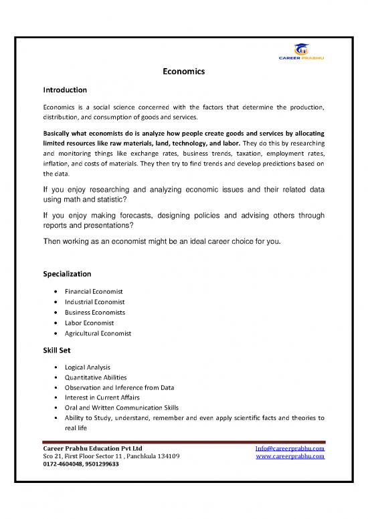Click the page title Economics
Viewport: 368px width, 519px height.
pyautogui.click(x=183, y=71)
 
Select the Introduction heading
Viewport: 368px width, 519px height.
pyautogui.click(x=65, y=89)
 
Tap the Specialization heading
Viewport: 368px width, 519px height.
pyautogui.click(x=67, y=274)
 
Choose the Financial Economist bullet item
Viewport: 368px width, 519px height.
pyautogui.click(x=93, y=291)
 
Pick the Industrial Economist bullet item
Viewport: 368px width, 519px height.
pyautogui.click(x=93, y=302)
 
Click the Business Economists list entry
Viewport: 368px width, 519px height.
pyautogui.click(x=95, y=312)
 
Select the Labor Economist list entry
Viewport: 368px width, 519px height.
pyautogui.click(x=89, y=323)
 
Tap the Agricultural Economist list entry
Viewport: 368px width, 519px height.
pyautogui.click(x=98, y=333)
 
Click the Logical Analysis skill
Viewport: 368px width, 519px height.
pyautogui.click(x=88, y=367)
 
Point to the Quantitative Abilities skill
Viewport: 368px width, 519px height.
pyautogui.click(x=96, y=377)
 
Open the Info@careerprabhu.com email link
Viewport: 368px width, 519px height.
pyautogui.click(x=290, y=448)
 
